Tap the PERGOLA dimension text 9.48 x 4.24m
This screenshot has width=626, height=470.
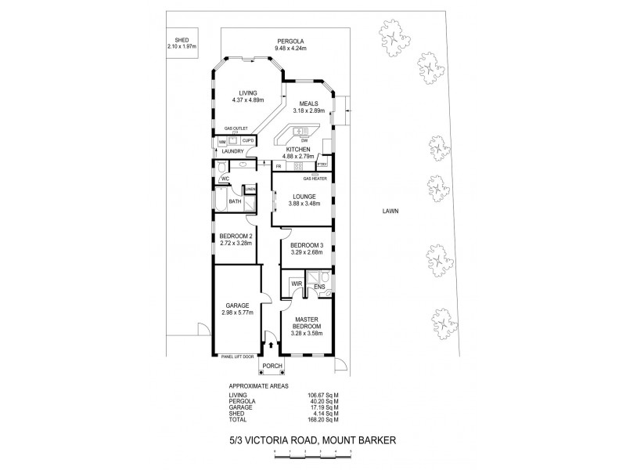click(x=289, y=49)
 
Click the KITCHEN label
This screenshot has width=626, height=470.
click(x=298, y=149)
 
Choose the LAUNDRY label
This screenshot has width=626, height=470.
click(x=234, y=150)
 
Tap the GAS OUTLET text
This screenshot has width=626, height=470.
click(x=236, y=128)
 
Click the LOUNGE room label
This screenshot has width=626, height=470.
click(x=303, y=197)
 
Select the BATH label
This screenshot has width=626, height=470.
click(x=235, y=201)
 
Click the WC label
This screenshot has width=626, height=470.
click(x=225, y=179)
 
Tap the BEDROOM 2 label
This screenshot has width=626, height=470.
click(x=235, y=236)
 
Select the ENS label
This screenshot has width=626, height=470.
click(x=319, y=287)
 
